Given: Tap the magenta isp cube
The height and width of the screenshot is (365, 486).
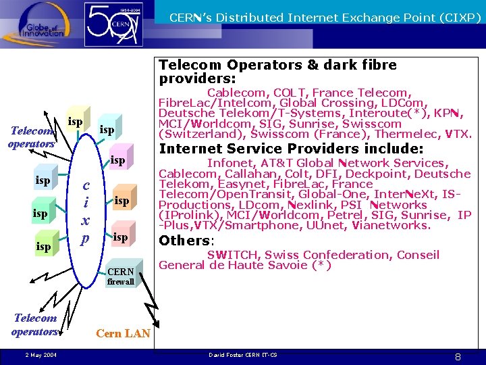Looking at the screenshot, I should tap(117, 161).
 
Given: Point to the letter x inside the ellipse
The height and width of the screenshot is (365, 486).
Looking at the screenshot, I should tap(86, 220).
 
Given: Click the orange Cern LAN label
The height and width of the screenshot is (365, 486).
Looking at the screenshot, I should tap(123, 333).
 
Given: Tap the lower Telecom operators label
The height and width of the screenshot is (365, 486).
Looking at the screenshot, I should tap(34, 324).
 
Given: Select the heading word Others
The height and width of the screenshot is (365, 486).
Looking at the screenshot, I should tap(184, 241).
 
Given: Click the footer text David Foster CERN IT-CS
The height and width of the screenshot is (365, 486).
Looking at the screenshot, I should tap(242, 354).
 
